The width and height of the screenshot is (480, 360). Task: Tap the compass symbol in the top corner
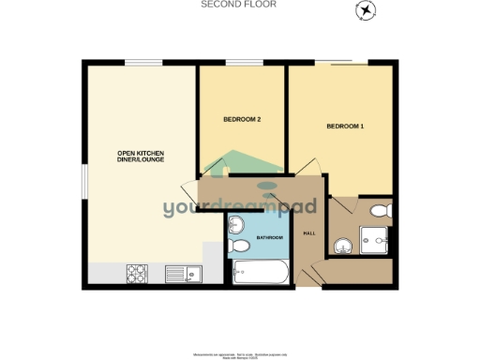click(364, 10)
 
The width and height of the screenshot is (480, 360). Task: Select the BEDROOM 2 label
click(242, 120)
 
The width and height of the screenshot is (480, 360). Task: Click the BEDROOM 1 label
click(344, 126)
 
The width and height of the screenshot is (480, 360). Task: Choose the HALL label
click(307, 233)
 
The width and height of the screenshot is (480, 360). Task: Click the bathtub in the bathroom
click(262, 272)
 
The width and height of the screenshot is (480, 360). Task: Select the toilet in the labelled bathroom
click(239, 246)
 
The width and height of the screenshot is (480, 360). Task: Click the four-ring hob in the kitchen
click(137, 273)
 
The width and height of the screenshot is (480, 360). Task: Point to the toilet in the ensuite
click(380, 209)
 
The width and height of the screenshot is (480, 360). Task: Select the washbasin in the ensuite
click(341, 247)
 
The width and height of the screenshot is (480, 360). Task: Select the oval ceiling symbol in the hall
click(269, 185)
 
